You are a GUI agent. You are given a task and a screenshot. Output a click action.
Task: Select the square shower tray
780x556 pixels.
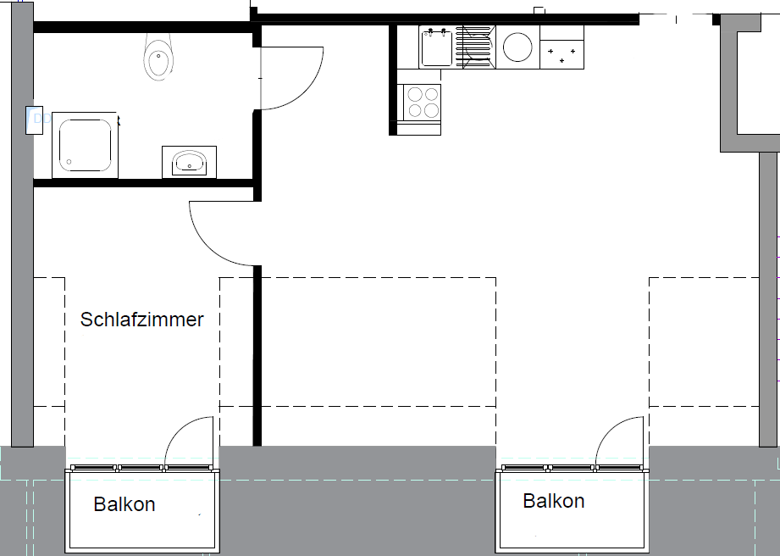click(x=82, y=144)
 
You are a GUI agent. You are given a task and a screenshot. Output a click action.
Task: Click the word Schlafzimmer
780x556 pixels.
click(x=141, y=320)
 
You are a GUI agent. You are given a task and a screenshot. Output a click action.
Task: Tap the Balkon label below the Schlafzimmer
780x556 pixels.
click(x=124, y=504)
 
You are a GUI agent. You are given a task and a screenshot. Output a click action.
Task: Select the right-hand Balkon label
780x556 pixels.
click(x=553, y=501)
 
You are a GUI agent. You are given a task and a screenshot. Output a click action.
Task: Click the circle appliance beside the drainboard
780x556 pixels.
click(x=517, y=47)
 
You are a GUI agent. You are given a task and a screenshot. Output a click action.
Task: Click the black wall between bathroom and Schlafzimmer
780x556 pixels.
click(x=144, y=182)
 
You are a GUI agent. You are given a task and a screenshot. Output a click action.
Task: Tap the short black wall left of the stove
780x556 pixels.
click(x=393, y=81)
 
